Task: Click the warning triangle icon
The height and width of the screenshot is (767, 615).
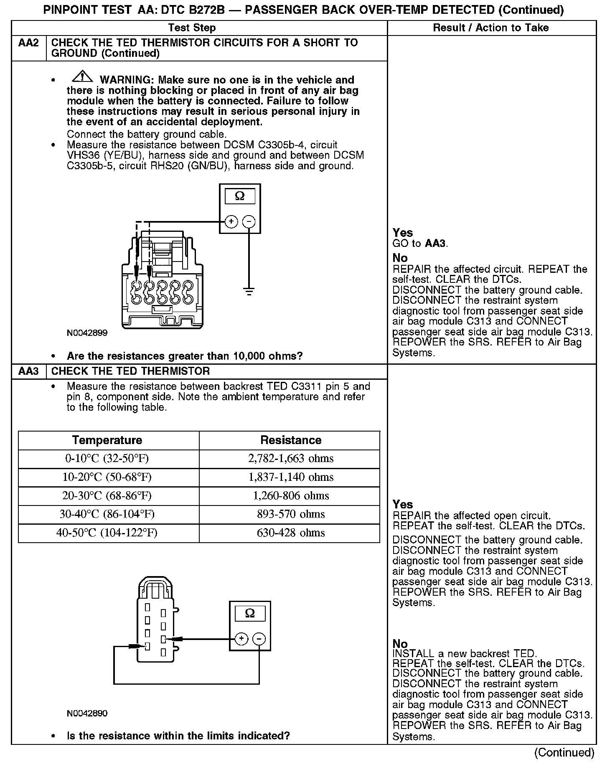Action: [82, 77]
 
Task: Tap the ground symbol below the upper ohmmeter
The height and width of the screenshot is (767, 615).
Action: [249, 291]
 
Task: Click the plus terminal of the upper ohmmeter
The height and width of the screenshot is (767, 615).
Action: [231, 221]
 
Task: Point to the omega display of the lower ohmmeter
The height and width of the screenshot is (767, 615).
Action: [250, 613]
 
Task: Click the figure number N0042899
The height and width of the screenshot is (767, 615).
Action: [87, 333]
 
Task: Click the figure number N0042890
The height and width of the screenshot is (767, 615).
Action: [87, 713]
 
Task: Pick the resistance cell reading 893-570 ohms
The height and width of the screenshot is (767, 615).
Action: [291, 514]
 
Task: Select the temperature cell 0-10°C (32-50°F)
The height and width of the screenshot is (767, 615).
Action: [107, 459]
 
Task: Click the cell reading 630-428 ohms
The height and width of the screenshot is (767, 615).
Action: [291, 533]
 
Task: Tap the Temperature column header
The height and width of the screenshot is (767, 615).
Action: [107, 440]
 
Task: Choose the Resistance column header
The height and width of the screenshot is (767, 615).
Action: [291, 440]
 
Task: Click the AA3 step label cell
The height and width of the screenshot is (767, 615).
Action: [28, 371]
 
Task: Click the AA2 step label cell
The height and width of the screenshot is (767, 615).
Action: [28, 43]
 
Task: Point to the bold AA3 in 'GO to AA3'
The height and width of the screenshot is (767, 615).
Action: [435, 244]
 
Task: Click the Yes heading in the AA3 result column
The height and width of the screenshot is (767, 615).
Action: [402, 504]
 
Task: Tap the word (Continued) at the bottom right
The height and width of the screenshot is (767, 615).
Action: [564, 752]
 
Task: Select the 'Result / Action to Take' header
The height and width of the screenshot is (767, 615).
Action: [491, 28]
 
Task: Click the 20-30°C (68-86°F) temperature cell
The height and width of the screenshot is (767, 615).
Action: [107, 496]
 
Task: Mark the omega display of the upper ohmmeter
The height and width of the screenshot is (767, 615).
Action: [240, 196]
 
